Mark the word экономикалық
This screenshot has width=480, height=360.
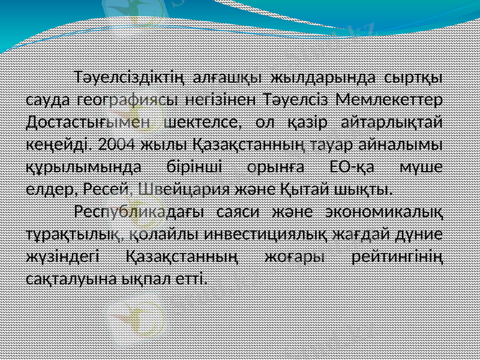point(383,212)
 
